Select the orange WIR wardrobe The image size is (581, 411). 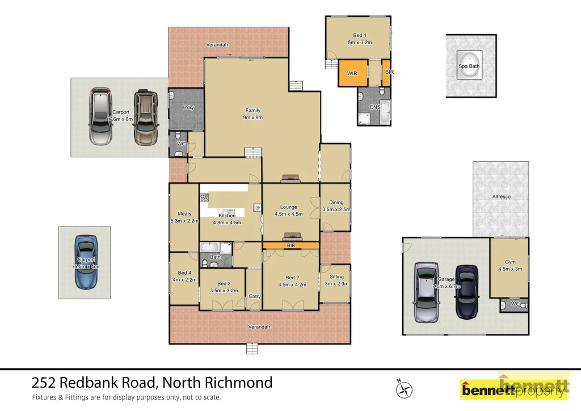pyautogui.click(x=352, y=73)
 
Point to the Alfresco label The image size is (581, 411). pyautogui.click(x=501, y=197)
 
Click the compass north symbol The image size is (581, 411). pyautogui.click(x=403, y=389)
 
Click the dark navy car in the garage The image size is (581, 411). pyautogui.click(x=466, y=292)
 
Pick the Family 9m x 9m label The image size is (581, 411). pyautogui.click(x=253, y=114)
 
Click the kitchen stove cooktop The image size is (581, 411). pyautogui.click(x=204, y=198)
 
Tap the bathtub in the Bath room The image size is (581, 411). pyautogui.click(x=209, y=248)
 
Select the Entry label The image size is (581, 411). pyautogui.click(x=255, y=296)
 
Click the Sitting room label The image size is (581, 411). pyautogui.click(x=336, y=280)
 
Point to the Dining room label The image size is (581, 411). pyautogui.click(x=336, y=205)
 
